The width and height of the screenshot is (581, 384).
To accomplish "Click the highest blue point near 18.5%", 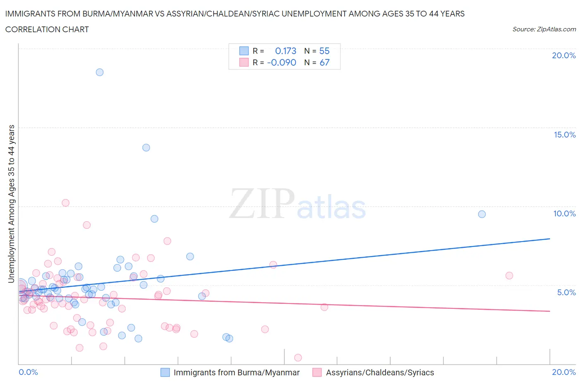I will (x=100, y=72).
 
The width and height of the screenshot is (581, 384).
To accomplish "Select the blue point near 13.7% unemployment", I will (x=146, y=147).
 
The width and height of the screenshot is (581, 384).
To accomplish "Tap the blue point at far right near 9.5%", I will (x=482, y=214).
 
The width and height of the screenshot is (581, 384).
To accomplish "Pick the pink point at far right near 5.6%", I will (x=509, y=276).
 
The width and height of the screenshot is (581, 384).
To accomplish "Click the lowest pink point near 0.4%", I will (x=298, y=358).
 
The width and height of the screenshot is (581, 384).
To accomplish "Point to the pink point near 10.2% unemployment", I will (x=65, y=203).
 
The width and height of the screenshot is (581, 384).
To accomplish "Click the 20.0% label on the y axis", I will (x=564, y=56).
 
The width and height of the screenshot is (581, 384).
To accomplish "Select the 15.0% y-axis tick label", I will (x=564, y=135).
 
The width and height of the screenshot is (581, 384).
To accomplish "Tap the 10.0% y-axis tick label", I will (x=564, y=214).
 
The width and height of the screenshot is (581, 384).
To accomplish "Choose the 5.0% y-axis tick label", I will (x=566, y=293).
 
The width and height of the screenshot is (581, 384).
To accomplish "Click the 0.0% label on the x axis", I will (x=28, y=372).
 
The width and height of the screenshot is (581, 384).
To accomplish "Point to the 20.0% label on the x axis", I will (x=564, y=372).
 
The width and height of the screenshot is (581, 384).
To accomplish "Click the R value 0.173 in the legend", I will (x=286, y=51).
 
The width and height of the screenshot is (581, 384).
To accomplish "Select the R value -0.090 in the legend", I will (x=282, y=63).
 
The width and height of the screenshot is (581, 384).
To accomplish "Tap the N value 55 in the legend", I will (x=324, y=51).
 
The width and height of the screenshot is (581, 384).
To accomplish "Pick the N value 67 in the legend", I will (x=324, y=63).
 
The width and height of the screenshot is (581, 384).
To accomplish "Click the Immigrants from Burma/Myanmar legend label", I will (x=236, y=373).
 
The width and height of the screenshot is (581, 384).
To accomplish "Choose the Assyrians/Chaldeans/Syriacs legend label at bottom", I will (x=380, y=373).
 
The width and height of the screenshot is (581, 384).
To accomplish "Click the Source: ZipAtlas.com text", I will (x=544, y=29).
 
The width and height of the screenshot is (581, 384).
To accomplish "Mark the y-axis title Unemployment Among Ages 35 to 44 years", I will (x=11, y=204).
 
